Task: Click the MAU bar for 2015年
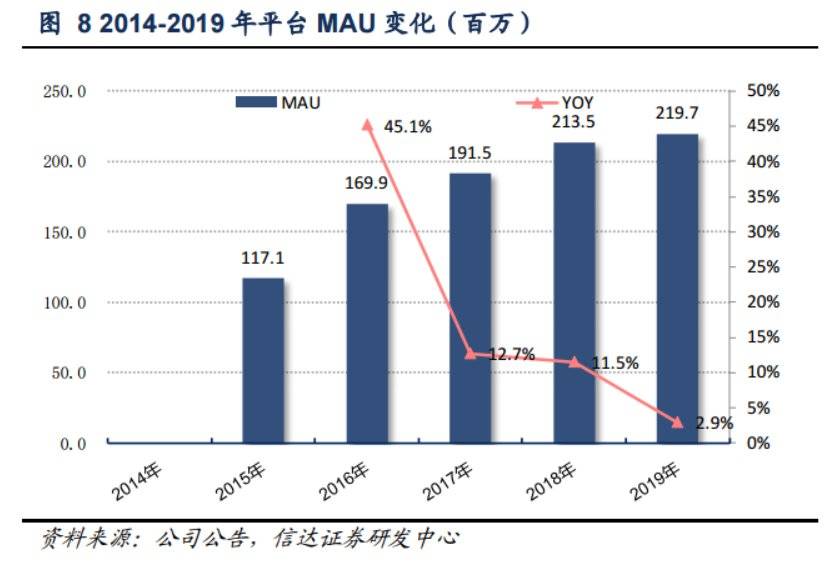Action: pyautogui.click(x=263, y=360)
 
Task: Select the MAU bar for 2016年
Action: pyautogui.click(x=367, y=323)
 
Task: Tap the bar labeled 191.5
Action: pyautogui.click(x=470, y=308)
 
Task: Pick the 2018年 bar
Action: pyautogui.click(x=574, y=292)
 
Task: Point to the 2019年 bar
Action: pyautogui.click(x=677, y=288)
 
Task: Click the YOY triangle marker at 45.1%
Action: pyautogui.click(x=367, y=125)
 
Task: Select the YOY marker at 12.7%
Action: pyautogui.click(x=471, y=353)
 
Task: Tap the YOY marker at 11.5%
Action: pyautogui.click(x=574, y=361)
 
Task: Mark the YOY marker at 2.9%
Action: pyautogui.click(x=677, y=422)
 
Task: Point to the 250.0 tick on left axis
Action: pyautogui.click(x=65, y=92)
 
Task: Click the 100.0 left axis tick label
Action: pyautogui.click(x=65, y=303)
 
